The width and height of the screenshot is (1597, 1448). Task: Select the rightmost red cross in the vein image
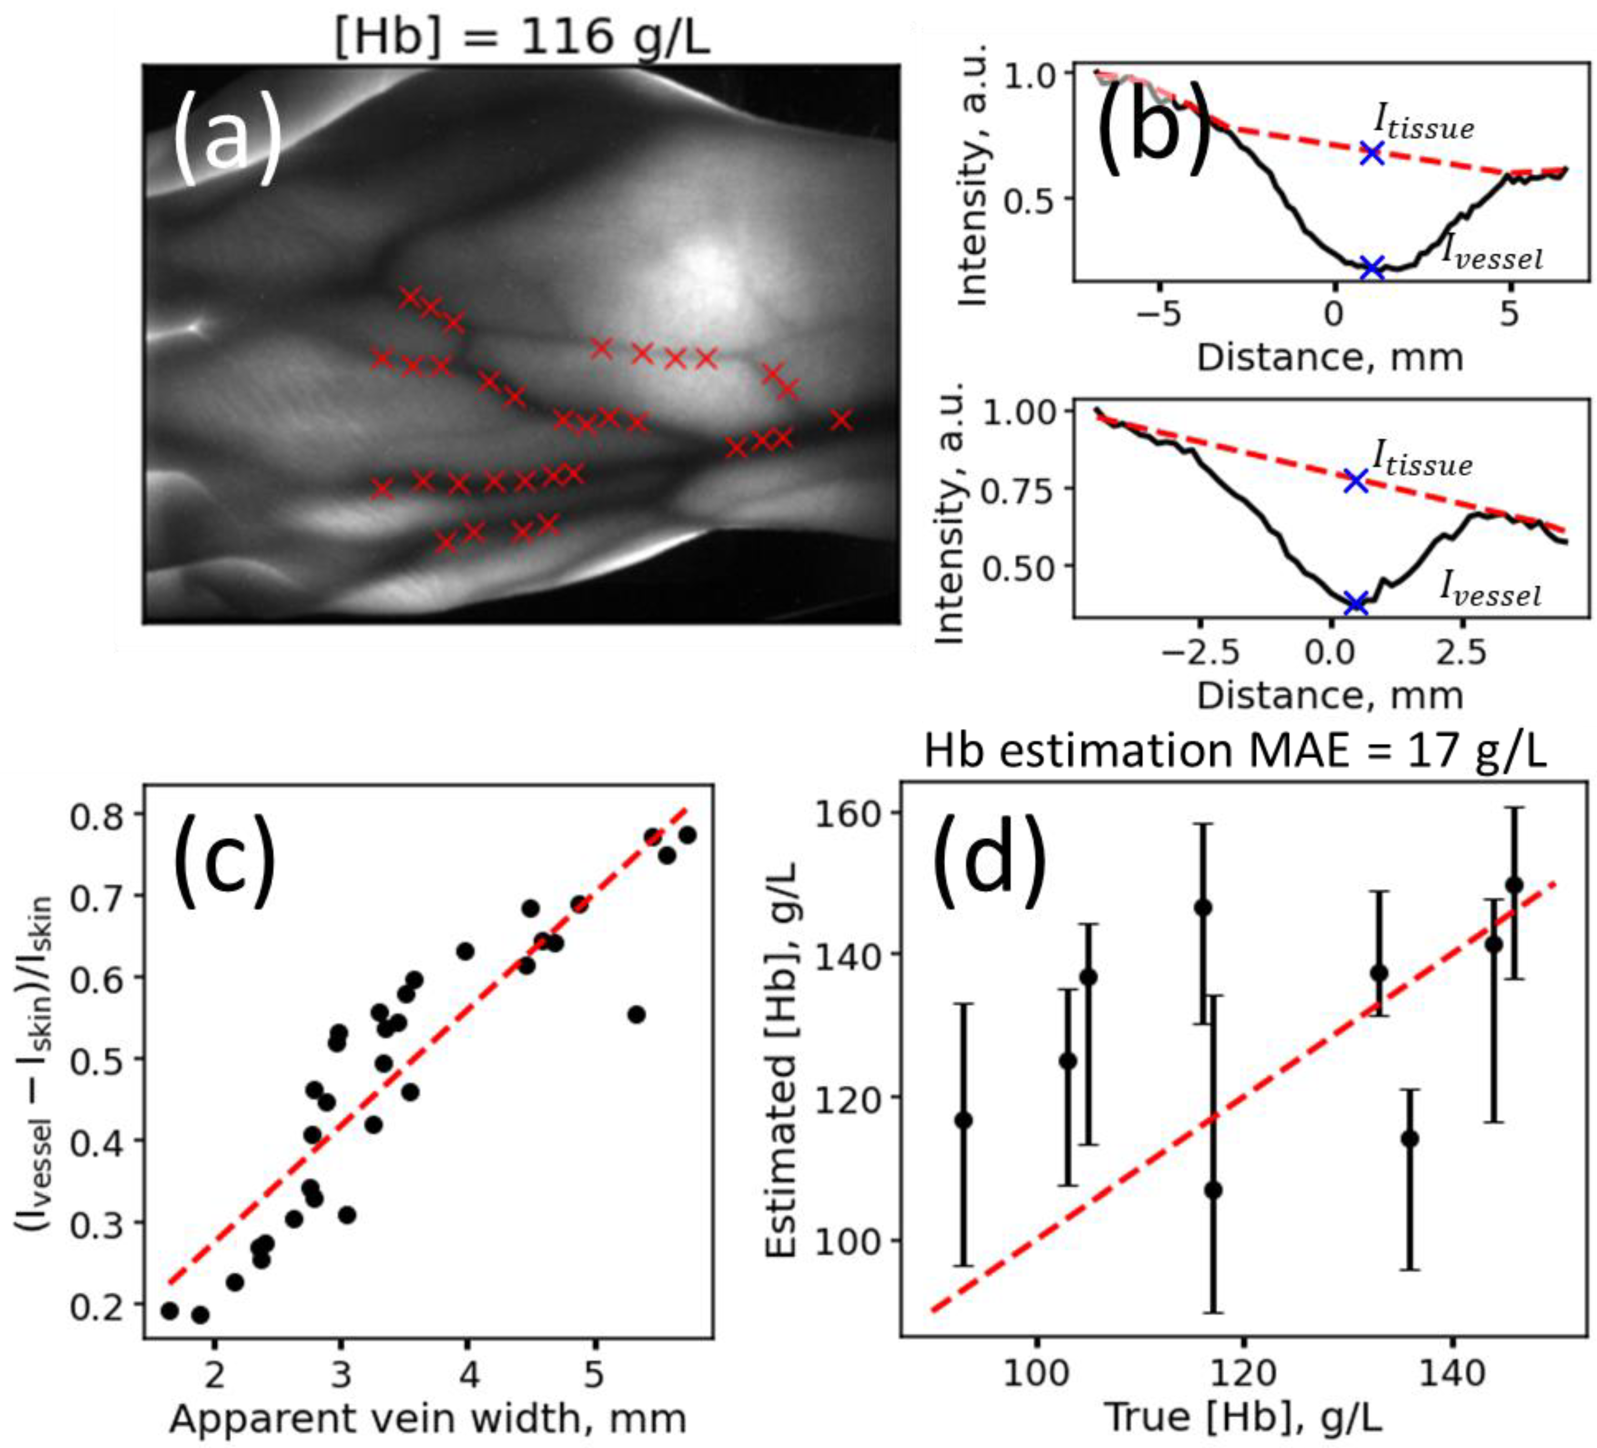pyautogui.click(x=841, y=420)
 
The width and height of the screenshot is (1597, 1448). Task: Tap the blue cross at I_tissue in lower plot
pyautogui.click(x=1356, y=480)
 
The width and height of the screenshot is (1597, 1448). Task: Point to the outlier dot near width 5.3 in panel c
pyautogui.click(x=636, y=1015)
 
